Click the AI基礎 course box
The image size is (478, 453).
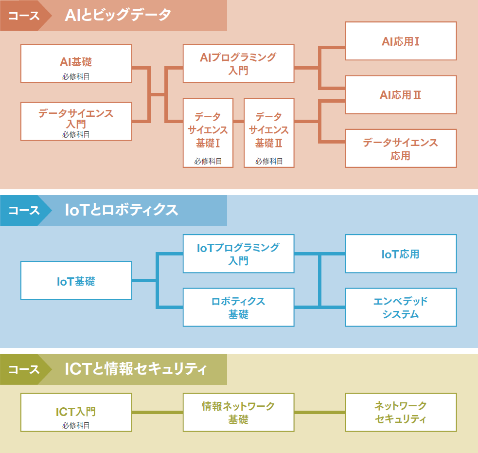tap(76, 64)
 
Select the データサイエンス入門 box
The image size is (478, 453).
tap(76, 121)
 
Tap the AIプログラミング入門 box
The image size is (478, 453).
tap(238, 64)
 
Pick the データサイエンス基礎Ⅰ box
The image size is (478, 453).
tap(208, 132)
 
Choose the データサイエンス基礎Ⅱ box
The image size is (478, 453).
tap(269, 132)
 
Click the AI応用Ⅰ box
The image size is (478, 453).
tap(401, 41)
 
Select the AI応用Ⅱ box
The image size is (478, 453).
tap(401, 95)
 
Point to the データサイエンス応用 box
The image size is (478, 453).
tap(401, 148)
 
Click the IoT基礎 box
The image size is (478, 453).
tap(76, 281)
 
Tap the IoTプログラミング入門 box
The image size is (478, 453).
tap(238, 254)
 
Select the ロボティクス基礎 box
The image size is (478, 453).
tap(238, 308)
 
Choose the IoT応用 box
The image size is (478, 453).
tap(401, 254)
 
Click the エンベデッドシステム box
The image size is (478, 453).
tap(401, 308)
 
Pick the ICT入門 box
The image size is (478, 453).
tap(76, 412)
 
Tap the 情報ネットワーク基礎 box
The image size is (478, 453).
tap(238, 412)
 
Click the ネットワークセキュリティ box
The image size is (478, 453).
tap(401, 412)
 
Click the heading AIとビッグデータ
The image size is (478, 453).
tap(118, 15)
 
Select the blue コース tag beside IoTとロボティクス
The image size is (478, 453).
tap(24, 210)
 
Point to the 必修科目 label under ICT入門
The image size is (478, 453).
tap(76, 425)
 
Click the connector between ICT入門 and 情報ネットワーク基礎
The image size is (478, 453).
tap(158, 412)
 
